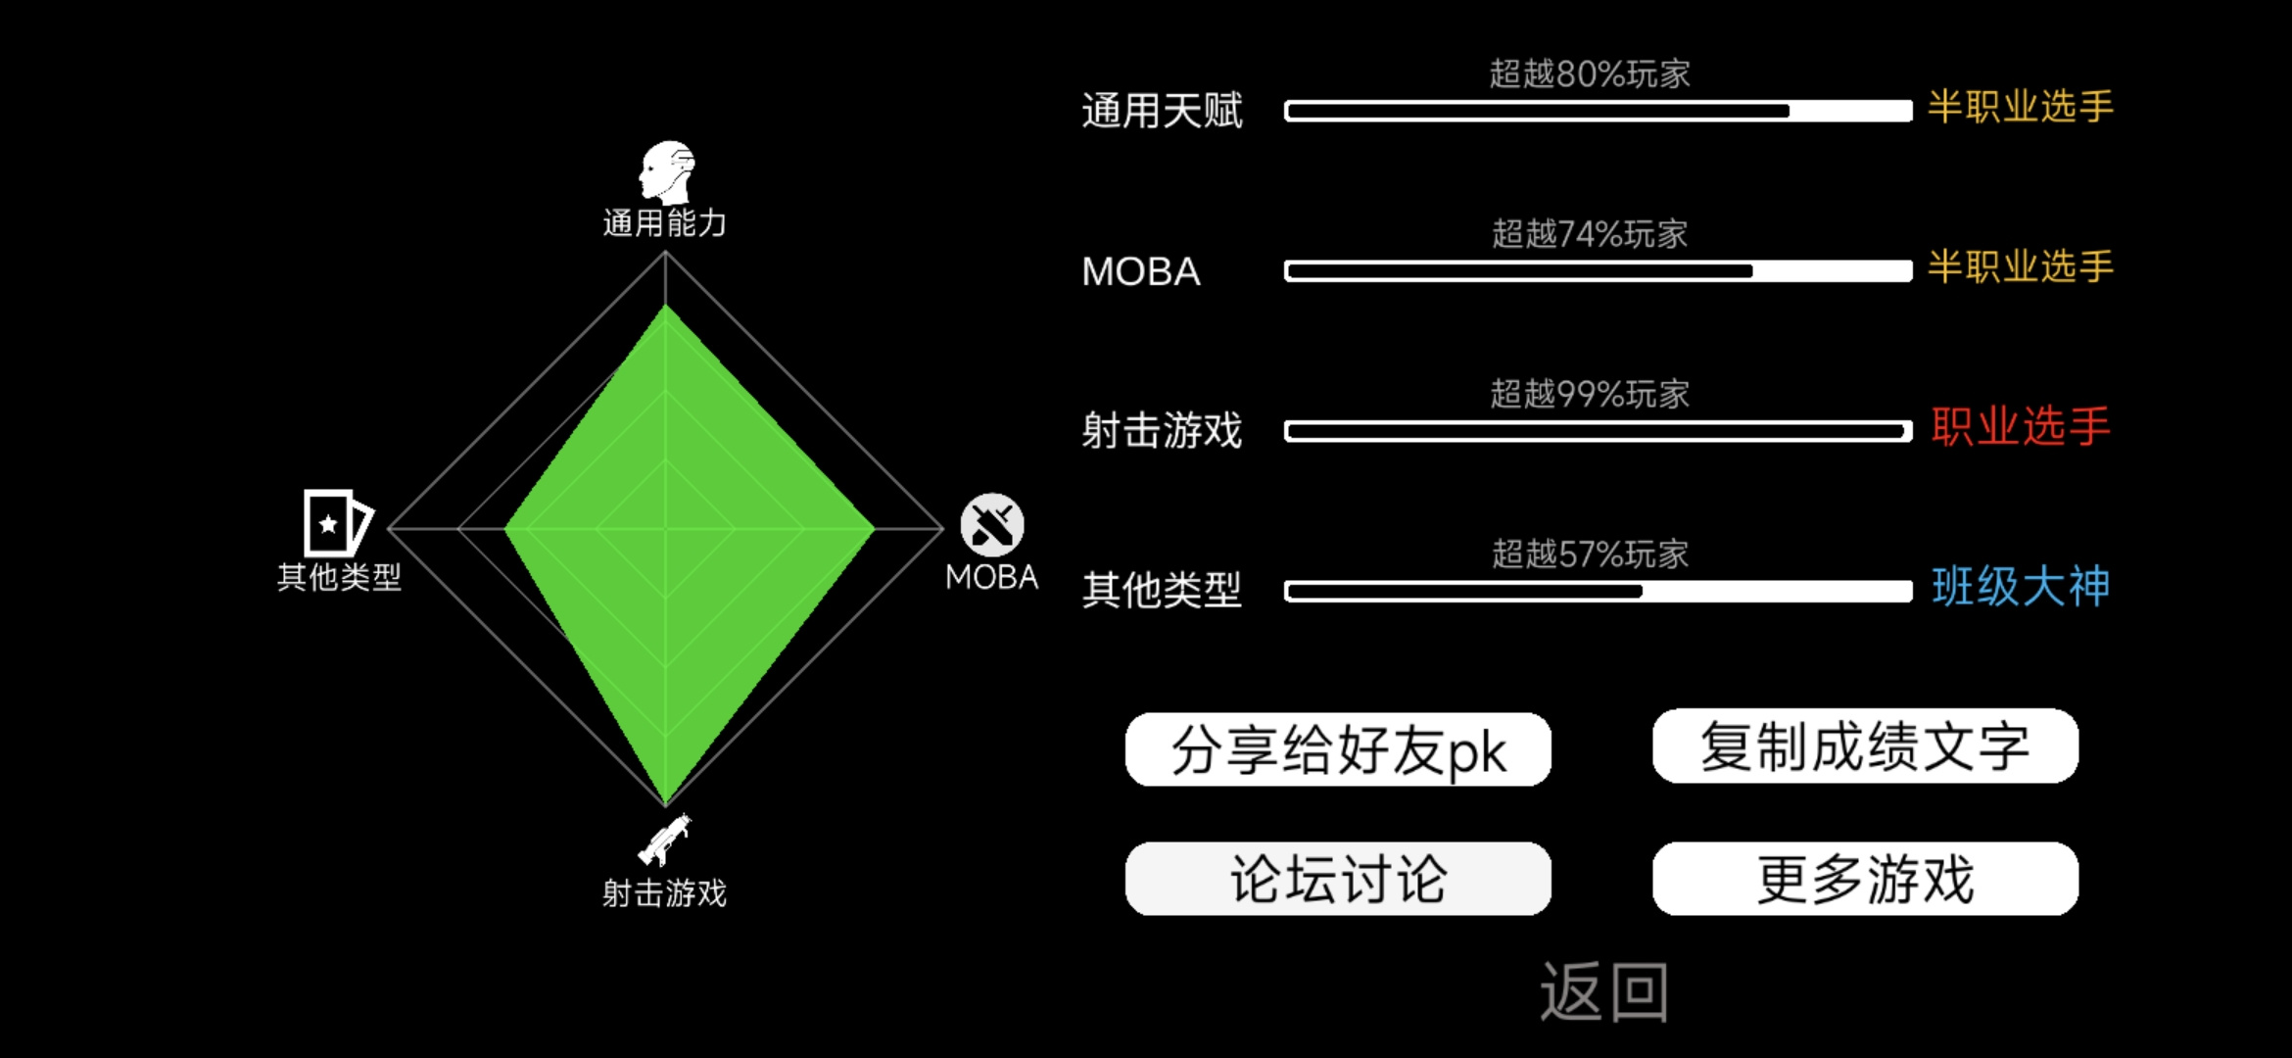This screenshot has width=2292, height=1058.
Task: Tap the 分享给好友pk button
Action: [1338, 749]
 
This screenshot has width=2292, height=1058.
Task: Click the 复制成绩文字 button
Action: [1865, 745]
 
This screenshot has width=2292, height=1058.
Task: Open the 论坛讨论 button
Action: [1338, 879]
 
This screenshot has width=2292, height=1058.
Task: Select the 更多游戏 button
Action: [1865, 879]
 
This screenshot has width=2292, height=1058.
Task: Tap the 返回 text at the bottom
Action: [1604, 991]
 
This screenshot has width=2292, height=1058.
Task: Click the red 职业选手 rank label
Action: [2021, 426]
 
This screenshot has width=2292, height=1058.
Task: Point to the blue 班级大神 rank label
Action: [2021, 586]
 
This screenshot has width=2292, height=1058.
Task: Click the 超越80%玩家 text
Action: [1590, 73]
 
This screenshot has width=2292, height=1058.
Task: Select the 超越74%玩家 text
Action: [1590, 233]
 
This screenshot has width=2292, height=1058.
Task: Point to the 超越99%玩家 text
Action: [1590, 394]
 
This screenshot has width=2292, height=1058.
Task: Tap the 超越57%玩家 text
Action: [1590, 553]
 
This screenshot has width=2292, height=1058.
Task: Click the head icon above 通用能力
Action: [667, 172]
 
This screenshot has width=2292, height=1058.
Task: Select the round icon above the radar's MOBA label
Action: [991, 524]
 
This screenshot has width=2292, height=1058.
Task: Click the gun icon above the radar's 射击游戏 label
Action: [665, 840]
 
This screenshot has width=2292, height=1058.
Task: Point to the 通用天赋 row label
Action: [1162, 111]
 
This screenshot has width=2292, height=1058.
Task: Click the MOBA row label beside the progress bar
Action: [1141, 271]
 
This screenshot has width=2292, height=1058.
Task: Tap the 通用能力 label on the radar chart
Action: [665, 223]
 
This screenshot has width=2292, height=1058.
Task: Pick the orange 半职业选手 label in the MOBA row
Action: [2021, 266]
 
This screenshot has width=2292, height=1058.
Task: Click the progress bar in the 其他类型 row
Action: [1599, 591]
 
